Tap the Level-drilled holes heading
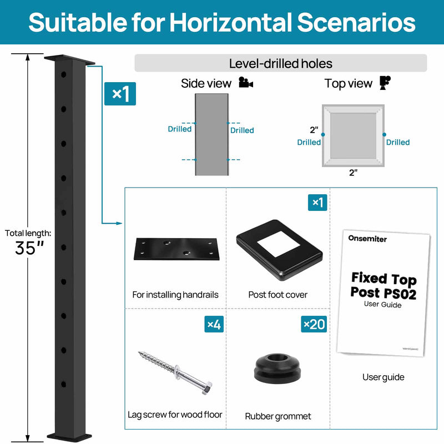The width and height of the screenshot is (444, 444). pyautogui.click(x=280, y=63)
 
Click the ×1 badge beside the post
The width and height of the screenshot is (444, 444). pyautogui.click(x=120, y=94)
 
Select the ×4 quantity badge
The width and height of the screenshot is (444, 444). pyautogui.click(x=214, y=324)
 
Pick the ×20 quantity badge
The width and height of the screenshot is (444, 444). pyautogui.click(x=314, y=324)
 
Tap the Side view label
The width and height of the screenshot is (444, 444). pyautogui.click(x=206, y=84)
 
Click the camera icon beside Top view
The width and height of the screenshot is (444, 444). pyautogui.click(x=384, y=83)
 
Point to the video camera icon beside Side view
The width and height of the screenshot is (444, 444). pyautogui.click(x=245, y=83)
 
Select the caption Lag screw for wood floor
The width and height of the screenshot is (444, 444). pyautogui.click(x=175, y=415)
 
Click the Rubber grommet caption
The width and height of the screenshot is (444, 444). pyautogui.click(x=278, y=416)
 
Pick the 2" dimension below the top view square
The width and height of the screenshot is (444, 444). pyautogui.click(x=353, y=173)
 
